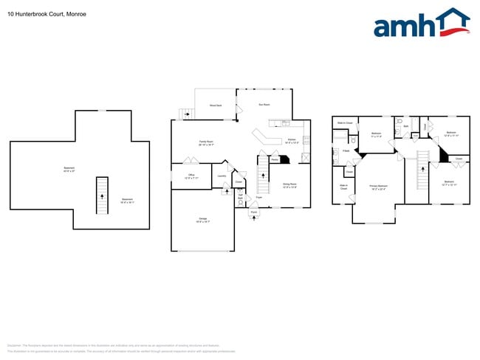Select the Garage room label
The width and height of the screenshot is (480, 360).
point(203,221)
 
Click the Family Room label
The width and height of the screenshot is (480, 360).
point(206,143)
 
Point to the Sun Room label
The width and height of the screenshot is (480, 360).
point(264,105)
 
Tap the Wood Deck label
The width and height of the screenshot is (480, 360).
point(216,106)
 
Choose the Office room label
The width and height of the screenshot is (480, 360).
point(191,176)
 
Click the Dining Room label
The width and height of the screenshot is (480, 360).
point(289,185)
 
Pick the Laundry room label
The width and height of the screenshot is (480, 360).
point(222,176)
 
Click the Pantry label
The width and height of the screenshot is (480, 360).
point(274,159)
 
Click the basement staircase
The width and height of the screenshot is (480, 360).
point(104,193)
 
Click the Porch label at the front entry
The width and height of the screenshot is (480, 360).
point(253,212)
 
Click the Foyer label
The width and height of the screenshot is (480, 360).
point(258,197)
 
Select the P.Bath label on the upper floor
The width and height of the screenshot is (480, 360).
point(346,150)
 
